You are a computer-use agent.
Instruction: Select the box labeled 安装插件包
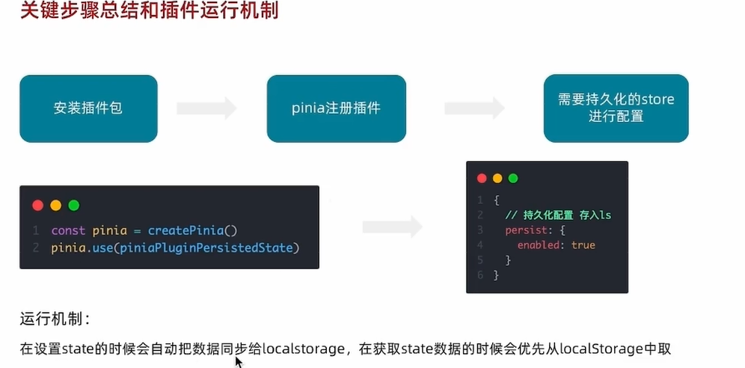click(88, 108)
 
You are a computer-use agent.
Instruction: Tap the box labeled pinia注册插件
click(336, 108)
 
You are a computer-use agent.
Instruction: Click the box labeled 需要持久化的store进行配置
click(616, 108)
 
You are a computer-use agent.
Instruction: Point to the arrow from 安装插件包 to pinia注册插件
click(206, 108)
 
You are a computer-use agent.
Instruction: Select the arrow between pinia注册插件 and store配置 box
click(474, 108)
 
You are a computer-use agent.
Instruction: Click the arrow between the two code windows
click(393, 225)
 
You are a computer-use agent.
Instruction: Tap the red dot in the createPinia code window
click(37, 205)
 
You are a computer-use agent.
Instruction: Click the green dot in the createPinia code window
click(73, 205)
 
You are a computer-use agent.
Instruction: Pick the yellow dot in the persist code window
click(497, 178)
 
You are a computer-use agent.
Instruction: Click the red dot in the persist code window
click(482, 178)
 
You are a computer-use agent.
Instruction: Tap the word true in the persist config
click(583, 245)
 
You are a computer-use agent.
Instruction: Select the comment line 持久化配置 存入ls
click(558, 215)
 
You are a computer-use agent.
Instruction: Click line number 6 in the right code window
click(480, 275)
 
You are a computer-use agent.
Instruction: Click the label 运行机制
click(55, 319)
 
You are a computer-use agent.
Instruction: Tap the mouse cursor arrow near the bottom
click(238, 361)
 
